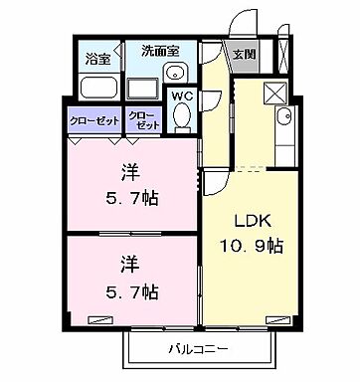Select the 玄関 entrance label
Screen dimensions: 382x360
(x=244, y=55)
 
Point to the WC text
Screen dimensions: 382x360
(x=182, y=95)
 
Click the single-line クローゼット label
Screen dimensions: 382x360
(x=95, y=121)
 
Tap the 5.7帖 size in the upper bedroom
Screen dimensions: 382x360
(x=131, y=198)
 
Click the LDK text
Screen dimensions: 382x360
(x=251, y=219)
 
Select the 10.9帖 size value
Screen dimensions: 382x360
(x=251, y=244)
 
